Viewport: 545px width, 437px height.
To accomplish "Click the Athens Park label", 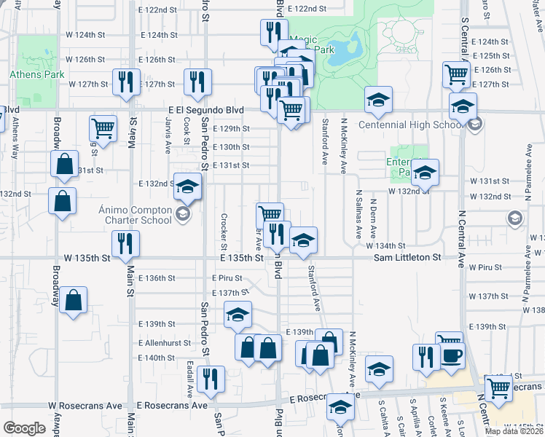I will (x=36, y=74).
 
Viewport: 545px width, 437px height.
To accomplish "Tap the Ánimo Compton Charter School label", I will (x=135, y=216).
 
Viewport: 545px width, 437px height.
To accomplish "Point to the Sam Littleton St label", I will (x=408, y=258).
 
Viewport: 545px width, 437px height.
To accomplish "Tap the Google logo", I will (x=24, y=428).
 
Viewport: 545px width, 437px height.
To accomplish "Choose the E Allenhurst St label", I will (x=165, y=342).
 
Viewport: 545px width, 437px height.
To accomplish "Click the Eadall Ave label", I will (x=189, y=379).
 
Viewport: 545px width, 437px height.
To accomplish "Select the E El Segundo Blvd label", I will (x=200, y=111).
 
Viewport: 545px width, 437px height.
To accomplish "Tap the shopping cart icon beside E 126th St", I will (x=456, y=73).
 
